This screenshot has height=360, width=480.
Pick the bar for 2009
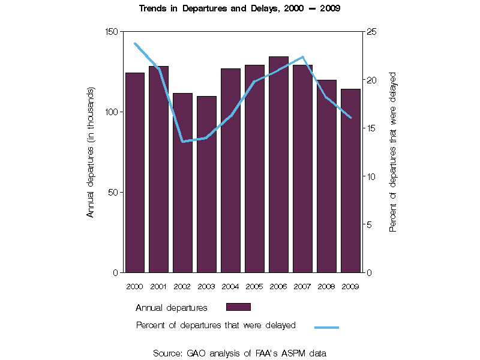350,181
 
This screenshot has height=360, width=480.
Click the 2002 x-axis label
182,286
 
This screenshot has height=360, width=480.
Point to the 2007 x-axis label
302,286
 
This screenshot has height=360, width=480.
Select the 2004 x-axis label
230,286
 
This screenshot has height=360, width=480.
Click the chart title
239,9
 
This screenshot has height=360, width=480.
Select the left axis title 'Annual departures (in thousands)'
91,152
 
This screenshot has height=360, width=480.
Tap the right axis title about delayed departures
394,152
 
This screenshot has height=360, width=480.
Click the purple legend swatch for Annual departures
238,307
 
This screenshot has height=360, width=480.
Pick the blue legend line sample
326,327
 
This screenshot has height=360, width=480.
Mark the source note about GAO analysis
239,353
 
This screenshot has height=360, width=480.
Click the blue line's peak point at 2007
303,57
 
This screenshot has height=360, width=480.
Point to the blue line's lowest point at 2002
182,142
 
